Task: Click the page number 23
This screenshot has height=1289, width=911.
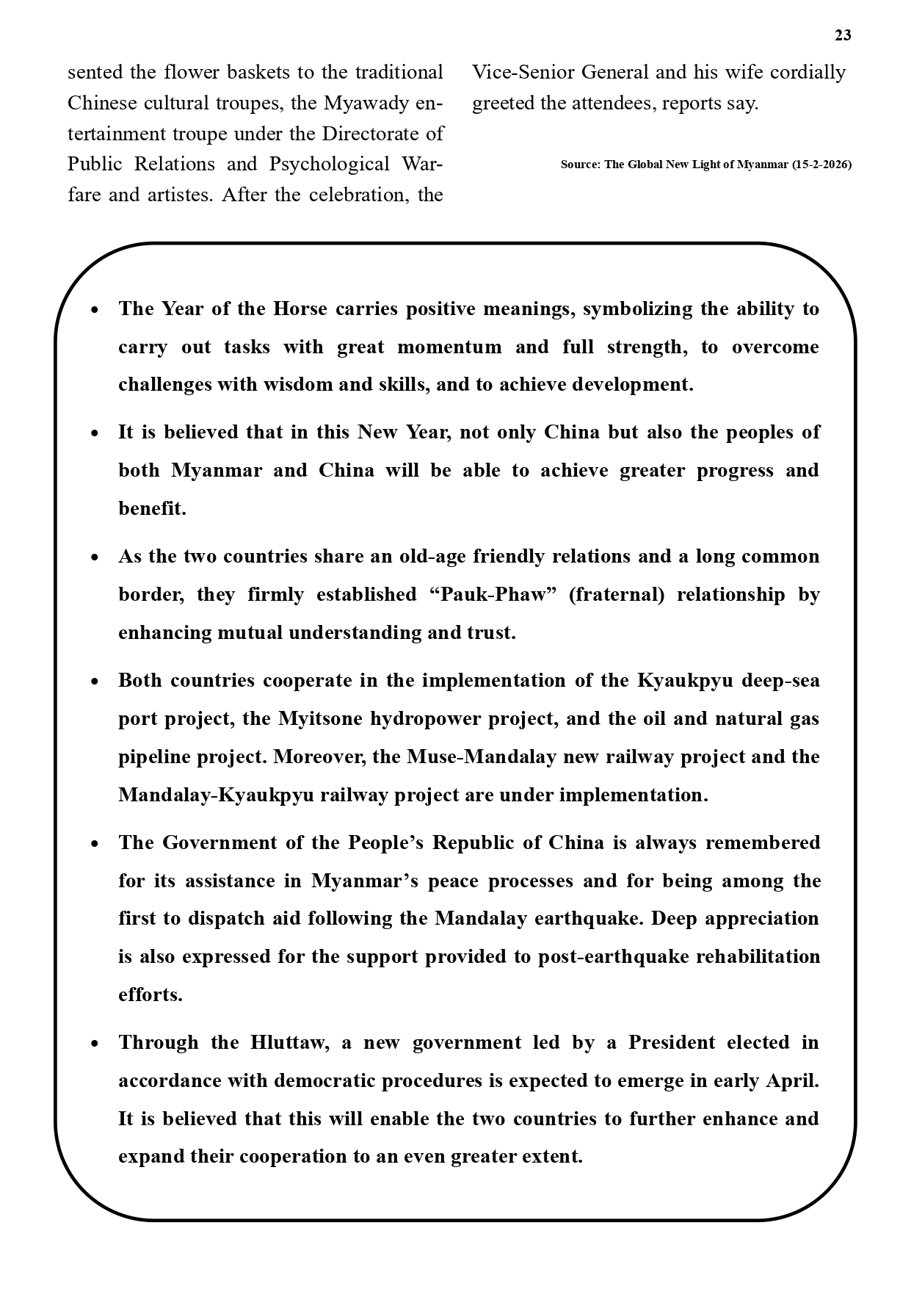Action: [843, 35]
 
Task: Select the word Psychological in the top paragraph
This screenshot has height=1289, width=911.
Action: [330, 164]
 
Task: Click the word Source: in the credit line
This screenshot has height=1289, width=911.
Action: [580, 165]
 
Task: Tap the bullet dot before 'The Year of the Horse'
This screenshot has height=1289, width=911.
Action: [95, 310]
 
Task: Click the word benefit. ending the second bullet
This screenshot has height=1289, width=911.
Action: [152, 508]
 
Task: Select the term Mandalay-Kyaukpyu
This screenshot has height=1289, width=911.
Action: [216, 795]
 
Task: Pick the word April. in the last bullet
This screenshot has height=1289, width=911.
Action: [792, 1080]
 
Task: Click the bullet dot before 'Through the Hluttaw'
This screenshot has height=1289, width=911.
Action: [95, 1044]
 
